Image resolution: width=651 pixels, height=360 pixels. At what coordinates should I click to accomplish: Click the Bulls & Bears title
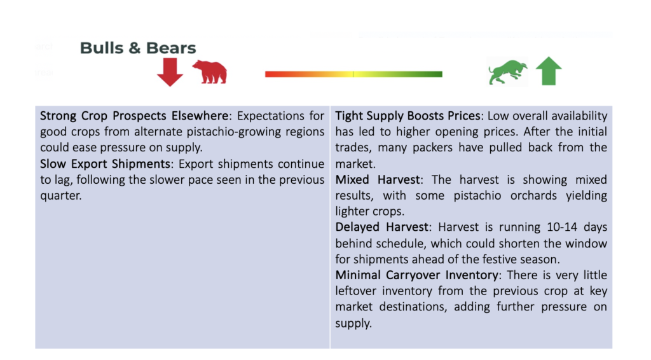coord(138,48)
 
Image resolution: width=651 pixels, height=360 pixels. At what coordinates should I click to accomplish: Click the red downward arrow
coord(170,72)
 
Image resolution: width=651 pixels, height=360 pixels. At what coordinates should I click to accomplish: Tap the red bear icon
coord(210,72)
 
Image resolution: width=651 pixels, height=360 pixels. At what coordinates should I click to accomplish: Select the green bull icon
coord(507,72)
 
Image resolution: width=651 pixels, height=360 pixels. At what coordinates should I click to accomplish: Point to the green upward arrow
coord(549,71)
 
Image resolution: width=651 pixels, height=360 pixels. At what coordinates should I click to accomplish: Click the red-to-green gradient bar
coord(353,74)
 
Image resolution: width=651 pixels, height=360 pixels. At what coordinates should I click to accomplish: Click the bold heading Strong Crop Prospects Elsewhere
coord(134,116)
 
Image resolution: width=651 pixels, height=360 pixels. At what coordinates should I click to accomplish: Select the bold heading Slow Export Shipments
coord(105,164)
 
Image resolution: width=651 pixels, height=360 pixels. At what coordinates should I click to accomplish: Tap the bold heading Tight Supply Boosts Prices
coord(408,116)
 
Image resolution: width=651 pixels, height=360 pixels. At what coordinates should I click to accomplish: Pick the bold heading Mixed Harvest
coord(378,180)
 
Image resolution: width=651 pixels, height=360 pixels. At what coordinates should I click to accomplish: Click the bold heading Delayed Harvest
coord(381,227)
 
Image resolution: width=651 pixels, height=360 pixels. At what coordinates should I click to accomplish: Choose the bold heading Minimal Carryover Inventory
coord(417,275)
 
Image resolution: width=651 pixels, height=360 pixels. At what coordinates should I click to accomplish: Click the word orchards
coord(533,195)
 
